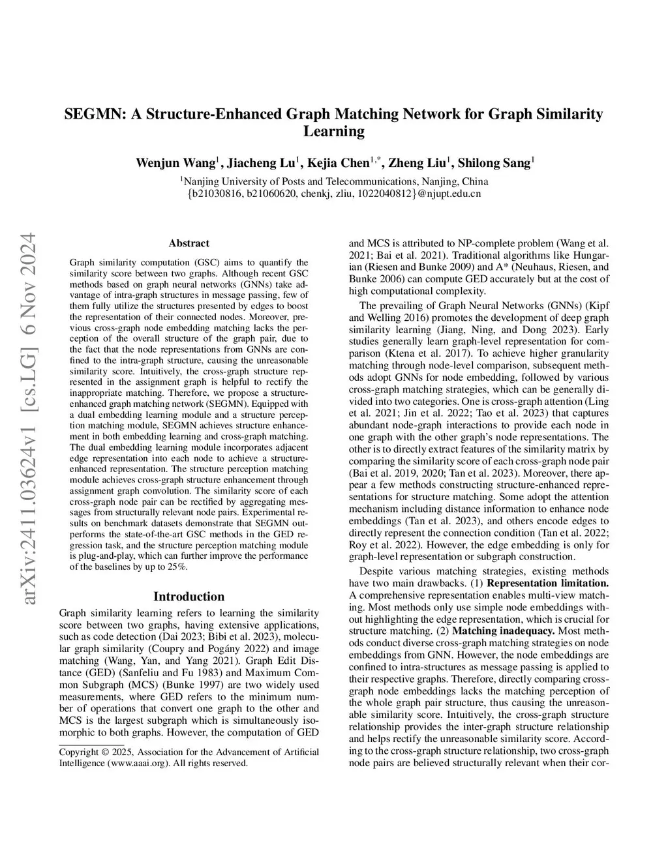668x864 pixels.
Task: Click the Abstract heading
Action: click(x=189, y=243)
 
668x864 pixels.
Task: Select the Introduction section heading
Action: click(x=189, y=596)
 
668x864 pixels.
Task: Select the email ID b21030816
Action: click(x=217, y=194)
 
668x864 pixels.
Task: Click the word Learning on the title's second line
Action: click(x=333, y=132)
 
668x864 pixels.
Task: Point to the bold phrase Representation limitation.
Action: click(x=548, y=583)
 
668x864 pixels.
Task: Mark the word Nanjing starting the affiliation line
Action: click(x=202, y=181)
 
